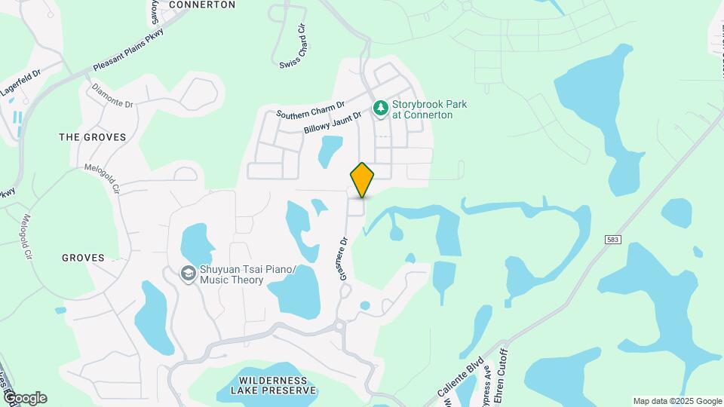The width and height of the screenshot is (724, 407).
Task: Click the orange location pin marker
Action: point(362,179)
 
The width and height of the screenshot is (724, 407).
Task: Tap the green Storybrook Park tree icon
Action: point(381,109)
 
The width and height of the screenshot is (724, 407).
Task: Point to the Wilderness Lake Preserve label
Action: point(274,386)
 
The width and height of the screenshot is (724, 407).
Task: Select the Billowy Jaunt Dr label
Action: point(333,121)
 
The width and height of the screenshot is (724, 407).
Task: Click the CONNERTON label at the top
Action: point(202,5)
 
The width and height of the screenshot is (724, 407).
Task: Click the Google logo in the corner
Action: point(24,398)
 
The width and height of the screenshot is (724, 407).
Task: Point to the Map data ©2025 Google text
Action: point(676,401)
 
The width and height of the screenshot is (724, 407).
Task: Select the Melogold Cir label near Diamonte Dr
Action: point(103,176)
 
